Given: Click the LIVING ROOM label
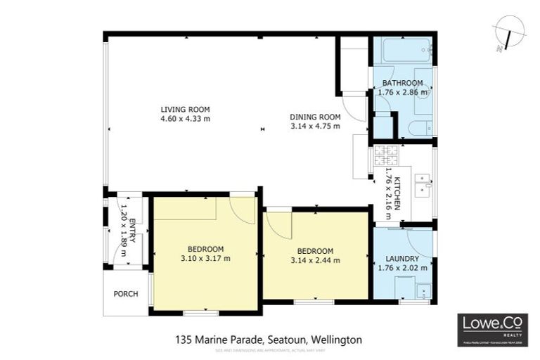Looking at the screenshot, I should pos(185,109).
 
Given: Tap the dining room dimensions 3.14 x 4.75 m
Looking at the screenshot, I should pos(315,127).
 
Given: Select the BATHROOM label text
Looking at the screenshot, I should pos(403,83).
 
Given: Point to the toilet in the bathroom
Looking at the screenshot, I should pos(420,129).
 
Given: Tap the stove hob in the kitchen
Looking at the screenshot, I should pos(387,151).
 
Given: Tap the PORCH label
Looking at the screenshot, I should pos(127,294).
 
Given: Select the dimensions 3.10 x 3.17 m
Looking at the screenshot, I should pos(205,258).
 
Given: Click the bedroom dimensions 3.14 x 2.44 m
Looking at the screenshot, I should pos(315,260).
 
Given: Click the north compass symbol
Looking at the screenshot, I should pos(505,33).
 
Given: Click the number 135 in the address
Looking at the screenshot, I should pos(184,340).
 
